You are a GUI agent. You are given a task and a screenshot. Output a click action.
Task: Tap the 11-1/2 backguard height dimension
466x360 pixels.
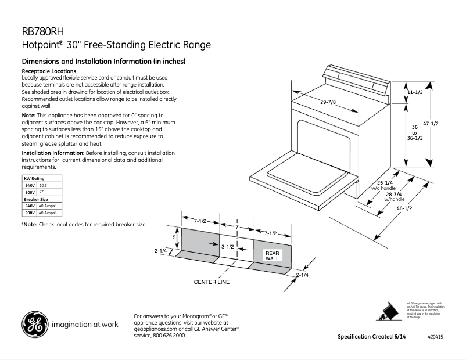pyautogui.click(x=414, y=92)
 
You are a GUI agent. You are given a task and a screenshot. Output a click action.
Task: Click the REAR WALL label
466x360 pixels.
pyautogui.click(x=273, y=255)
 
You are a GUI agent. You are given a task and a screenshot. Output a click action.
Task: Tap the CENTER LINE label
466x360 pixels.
pyautogui.click(x=212, y=282)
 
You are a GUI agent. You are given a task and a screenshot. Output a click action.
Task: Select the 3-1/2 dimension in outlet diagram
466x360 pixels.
pyautogui.click(x=228, y=247)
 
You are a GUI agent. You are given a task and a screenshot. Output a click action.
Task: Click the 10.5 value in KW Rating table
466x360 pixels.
pyautogui.click(x=42, y=185)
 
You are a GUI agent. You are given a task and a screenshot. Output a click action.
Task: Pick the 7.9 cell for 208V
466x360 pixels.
pyautogui.click(x=42, y=192)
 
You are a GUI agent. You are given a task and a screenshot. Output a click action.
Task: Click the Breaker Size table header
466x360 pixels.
pyautogui.click(x=35, y=199)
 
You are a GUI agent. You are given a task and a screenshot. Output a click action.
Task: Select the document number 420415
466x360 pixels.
pyautogui.click(x=435, y=337)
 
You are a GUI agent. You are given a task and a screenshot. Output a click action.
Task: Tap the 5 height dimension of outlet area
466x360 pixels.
pyautogui.click(x=174, y=237)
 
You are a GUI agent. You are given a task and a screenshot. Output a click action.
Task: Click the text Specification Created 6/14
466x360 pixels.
pyautogui.click(x=372, y=337)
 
